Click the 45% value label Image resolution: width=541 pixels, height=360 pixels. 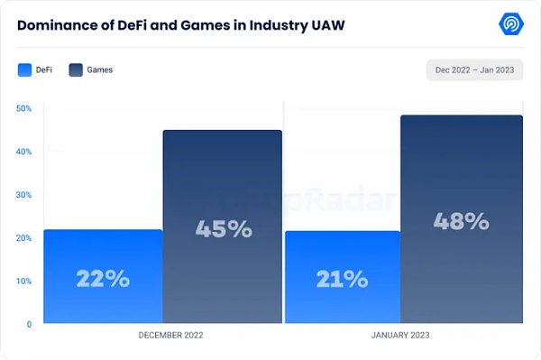[x=224, y=229]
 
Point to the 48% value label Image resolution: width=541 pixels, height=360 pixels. [x=461, y=221]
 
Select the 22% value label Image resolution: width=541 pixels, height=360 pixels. [x=102, y=279]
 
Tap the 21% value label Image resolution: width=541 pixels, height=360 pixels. [x=344, y=279]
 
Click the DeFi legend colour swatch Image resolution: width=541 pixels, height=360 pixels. [x=24, y=69]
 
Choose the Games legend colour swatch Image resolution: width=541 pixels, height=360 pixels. [x=76, y=69]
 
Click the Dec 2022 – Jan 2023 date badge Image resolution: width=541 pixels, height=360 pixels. [x=474, y=70]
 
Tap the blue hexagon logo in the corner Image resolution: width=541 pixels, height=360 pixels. [x=510, y=24]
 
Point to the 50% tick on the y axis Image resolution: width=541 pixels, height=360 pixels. [x=24, y=108]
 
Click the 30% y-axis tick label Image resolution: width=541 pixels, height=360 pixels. [x=24, y=195]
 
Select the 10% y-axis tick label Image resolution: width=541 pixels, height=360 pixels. [x=24, y=281]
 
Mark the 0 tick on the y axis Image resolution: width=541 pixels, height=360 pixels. [x=29, y=324]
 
